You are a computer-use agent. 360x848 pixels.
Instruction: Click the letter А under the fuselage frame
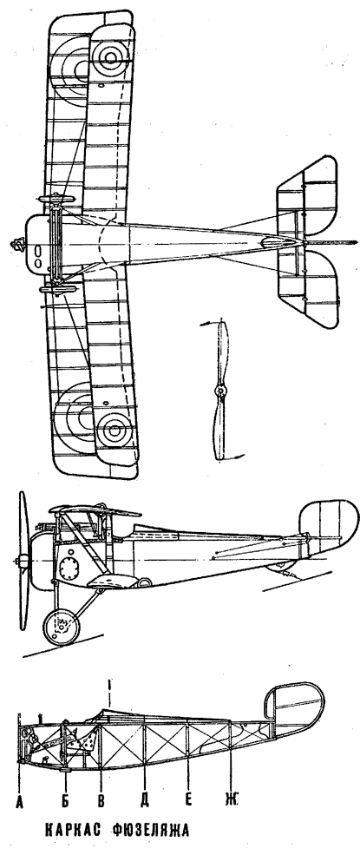click(x=20, y=800)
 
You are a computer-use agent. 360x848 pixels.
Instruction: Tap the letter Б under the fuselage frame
click(x=65, y=800)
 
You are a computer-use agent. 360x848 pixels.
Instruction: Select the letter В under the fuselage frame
click(x=101, y=800)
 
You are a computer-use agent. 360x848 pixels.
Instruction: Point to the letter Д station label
click(x=145, y=800)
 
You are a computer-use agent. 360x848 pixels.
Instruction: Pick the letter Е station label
click(x=188, y=800)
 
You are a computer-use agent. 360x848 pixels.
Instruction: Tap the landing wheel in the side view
click(x=62, y=628)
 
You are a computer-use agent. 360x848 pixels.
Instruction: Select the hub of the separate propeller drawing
click(x=219, y=391)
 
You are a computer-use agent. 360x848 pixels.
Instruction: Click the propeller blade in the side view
click(x=23, y=560)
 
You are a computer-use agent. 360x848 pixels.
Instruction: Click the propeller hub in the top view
click(x=18, y=246)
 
